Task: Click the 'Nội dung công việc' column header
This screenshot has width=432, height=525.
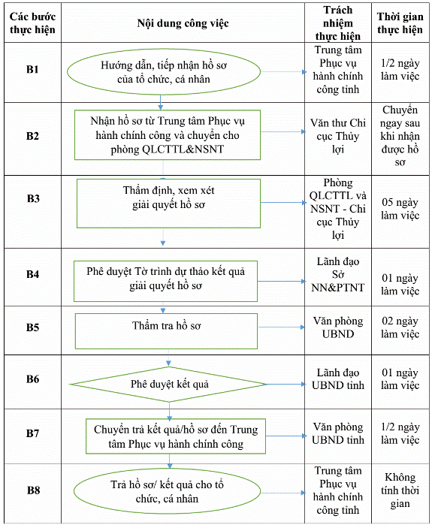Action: (x=183, y=23)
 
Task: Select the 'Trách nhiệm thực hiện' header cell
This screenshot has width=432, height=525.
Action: (x=338, y=23)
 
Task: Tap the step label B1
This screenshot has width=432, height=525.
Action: (x=32, y=69)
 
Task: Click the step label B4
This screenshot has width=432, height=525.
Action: (x=32, y=274)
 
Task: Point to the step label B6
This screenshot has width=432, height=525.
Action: (x=32, y=379)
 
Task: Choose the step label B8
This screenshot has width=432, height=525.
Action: (x=33, y=490)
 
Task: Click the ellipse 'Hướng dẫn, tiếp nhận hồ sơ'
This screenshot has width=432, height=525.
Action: (x=164, y=71)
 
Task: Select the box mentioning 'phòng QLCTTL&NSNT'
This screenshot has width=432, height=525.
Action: (x=168, y=135)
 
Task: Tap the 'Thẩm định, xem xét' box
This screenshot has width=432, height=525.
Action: (x=168, y=204)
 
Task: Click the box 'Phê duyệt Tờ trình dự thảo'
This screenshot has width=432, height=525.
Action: (x=165, y=281)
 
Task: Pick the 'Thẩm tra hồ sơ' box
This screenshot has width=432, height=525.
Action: (x=166, y=331)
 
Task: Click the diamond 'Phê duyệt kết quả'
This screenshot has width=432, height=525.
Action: (x=169, y=385)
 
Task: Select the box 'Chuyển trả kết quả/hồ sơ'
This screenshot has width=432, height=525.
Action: (x=176, y=436)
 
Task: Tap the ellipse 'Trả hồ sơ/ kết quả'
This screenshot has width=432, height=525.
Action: (x=167, y=491)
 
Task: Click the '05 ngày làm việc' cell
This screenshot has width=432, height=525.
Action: (x=400, y=209)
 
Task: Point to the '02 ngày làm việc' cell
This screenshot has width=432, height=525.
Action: (x=400, y=327)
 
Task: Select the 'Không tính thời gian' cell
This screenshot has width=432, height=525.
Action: (x=400, y=490)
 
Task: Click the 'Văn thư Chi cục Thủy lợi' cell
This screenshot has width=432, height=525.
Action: (x=338, y=136)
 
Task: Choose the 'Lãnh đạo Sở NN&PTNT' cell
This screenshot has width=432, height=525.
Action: (x=338, y=274)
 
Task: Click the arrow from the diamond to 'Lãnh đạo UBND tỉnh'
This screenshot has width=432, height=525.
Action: (x=286, y=384)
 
